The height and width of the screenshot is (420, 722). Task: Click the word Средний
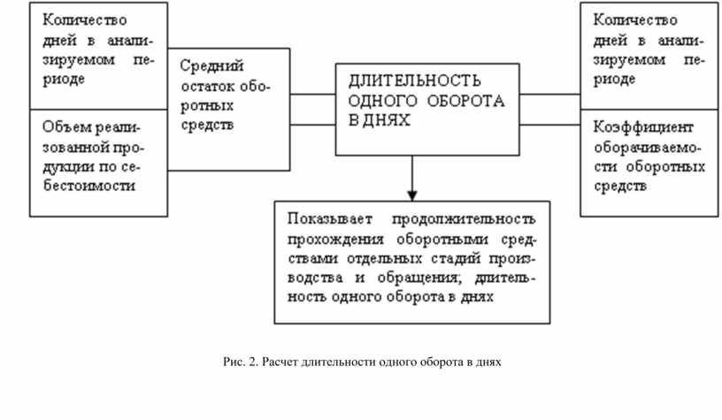(x=212, y=66)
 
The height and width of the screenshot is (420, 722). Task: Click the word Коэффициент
(x=643, y=126)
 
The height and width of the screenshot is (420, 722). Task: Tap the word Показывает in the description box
(x=326, y=218)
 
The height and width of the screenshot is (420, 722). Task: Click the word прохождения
(x=333, y=238)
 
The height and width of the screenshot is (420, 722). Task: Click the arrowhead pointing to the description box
(x=412, y=195)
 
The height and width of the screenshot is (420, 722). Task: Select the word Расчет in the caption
(x=279, y=362)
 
